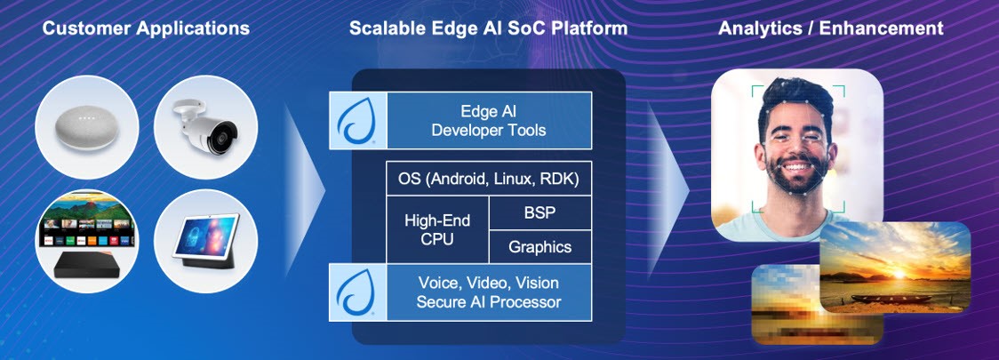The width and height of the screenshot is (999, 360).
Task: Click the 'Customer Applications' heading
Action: [146, 28]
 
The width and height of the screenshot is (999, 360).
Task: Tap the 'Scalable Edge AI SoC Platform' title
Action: [488, 28]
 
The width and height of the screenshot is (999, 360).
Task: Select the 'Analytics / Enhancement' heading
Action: [830, 28]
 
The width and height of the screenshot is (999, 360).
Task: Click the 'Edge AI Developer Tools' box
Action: [489, 120]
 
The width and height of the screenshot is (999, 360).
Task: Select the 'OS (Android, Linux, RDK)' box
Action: [489, 180]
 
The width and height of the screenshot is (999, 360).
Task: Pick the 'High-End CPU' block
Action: [437, 229]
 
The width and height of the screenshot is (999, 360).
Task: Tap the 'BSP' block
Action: [539, 213]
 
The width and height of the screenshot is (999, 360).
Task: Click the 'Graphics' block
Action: [539, 246]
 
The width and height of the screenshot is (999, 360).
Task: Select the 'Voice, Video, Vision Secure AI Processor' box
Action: [489, 292]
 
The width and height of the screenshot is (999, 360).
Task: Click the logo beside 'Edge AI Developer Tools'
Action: [357, 121]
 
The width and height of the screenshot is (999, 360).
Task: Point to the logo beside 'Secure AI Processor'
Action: [357, 292]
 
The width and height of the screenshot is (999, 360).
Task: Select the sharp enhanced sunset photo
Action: [893, 266]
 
